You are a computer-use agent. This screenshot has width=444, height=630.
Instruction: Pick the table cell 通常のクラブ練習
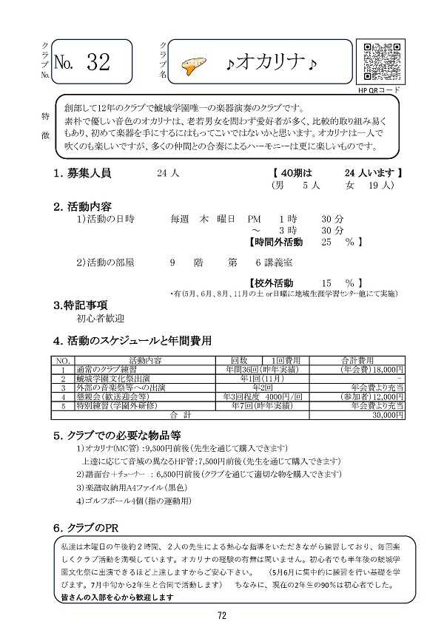click(x=107, y=369)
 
